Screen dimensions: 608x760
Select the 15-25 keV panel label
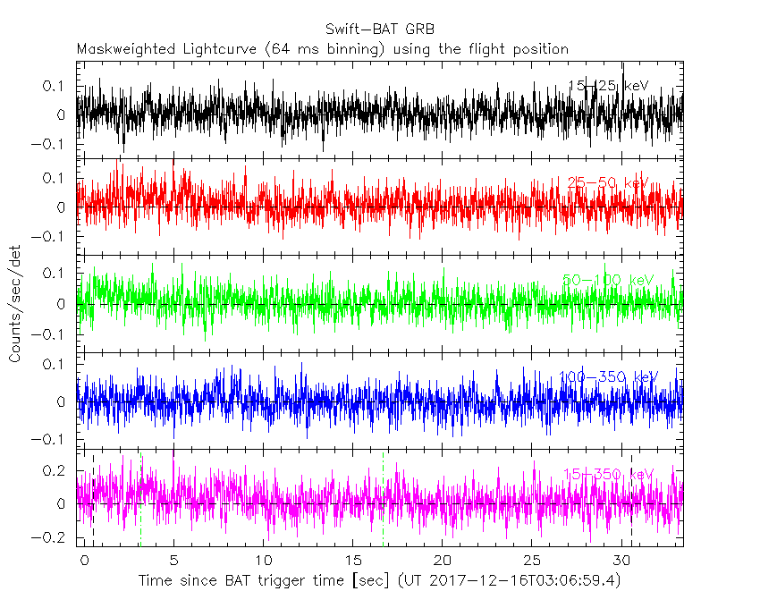(x=608, y=86)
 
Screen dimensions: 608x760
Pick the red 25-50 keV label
(x=608, y=183)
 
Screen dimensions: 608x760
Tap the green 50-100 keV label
(x=608, y=281)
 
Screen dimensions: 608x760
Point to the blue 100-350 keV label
(x=608, y=377)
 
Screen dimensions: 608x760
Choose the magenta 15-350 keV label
(x=608, y=474)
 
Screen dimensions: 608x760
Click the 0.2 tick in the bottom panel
(x=59, y=470)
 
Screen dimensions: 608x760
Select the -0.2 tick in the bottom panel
(x=55, y=538)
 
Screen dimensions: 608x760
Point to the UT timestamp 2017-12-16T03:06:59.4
(x=525, y=581)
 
